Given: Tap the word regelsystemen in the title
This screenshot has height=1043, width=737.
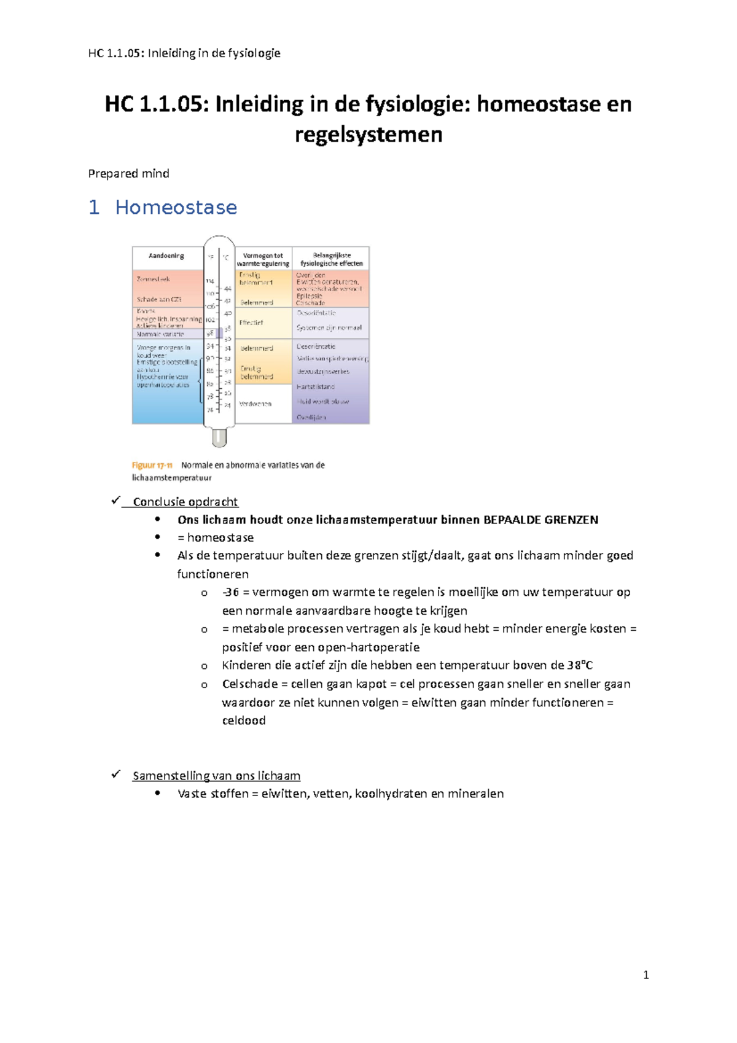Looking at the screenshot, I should coord(368,135).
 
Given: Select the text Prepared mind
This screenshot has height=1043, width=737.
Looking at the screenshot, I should coord(128,174).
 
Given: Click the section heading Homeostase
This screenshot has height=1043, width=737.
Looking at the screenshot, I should coord(176,208).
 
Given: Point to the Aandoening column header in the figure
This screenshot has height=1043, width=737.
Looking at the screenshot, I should coord(166,256).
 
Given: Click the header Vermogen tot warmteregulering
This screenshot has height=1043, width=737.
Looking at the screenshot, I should coord(263,259).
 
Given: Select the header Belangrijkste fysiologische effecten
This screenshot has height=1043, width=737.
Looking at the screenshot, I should coord(332,259).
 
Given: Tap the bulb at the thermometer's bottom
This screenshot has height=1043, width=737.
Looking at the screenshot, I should coord(219,437).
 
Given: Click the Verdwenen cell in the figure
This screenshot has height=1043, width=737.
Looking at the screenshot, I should coord(255,404).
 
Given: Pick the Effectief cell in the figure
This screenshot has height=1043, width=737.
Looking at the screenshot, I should coord(251,322).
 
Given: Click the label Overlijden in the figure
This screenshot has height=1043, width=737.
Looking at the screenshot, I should coord(311,418).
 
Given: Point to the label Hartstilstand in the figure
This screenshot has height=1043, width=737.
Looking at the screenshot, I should coord(316,387).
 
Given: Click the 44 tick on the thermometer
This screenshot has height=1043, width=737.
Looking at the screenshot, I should coord(228,289).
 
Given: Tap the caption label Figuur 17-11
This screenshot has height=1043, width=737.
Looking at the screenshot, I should coord(152,466).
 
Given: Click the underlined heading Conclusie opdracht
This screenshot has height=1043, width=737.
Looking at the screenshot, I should coord(185,502).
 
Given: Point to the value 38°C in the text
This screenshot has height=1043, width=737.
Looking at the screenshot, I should coord(580,665).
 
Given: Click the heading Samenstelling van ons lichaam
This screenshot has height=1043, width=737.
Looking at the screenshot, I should coord(216,776).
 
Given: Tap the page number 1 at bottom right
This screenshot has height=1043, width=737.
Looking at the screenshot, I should coord(645,975).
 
